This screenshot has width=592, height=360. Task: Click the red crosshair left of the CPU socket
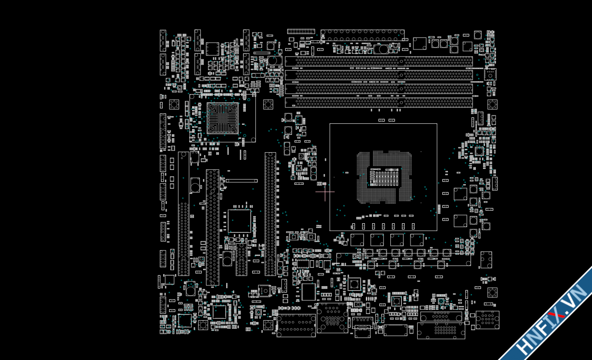pyautogui.click(x=325, y=192)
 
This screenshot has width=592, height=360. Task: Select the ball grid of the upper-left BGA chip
pyautogui.click(x=222, y=118)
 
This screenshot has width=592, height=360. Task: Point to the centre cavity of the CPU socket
pyautogui.click(x=384, y=178)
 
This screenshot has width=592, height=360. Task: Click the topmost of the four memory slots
pyautogui.click(x=379, y=61)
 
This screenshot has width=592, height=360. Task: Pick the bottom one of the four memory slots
pyautogui.click(x=379, y=102)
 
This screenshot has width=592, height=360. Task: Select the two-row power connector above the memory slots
pyautogui.click(x=362, y=35)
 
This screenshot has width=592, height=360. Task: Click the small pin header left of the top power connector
pyautogui.click(x=301, y=31)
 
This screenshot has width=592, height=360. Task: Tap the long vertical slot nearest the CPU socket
pyautogui.click(x=270, y=214)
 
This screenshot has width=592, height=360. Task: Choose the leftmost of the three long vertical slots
pyautogui.click(x=183, y=214)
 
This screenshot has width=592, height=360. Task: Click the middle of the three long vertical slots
pyautogui.click(x=212, y=227)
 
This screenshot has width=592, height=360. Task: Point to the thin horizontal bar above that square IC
pyautogui.click(x=242, y=181)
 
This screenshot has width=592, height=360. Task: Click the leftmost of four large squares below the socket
pyautogui.click(x=357, y=240)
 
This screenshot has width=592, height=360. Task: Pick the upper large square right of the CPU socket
pyautogui.click(x=460, y=194)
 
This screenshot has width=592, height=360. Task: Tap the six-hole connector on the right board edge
pyautogui.click(x=486, y=260)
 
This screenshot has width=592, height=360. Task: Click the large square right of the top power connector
pyautogui.click(x=420, y=43)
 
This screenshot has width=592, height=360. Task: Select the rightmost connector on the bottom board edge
pyautogui.click(x=487, y=320)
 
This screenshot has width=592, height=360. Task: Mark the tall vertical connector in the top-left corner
pyautogui.click(x=163, y=40)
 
